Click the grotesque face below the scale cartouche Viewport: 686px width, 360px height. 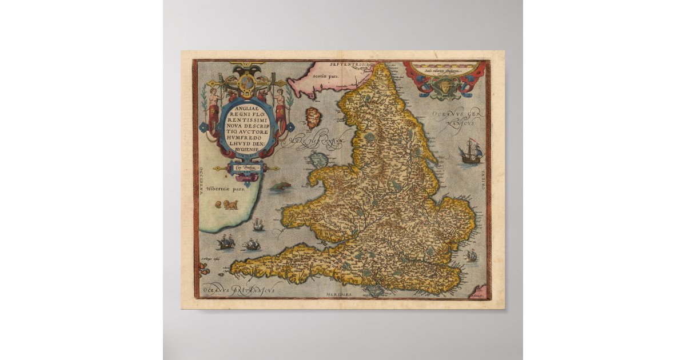tap(441, 88)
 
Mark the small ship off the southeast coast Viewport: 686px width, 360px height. tap(471, 256)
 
